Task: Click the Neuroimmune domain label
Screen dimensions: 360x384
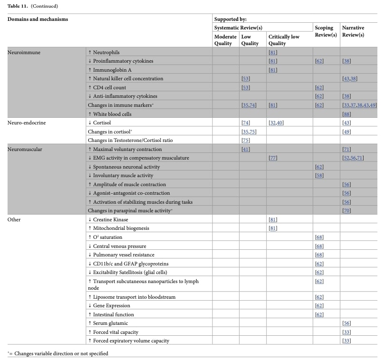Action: [x=24, y=52]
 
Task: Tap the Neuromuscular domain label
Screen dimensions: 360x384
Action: [x=25, y=149]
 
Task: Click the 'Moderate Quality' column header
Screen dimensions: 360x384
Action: [x=225, y=40]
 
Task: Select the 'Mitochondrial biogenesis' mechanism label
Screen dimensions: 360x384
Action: [x=118, y=228]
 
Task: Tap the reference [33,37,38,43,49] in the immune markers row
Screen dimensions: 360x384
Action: [x=359, y=105]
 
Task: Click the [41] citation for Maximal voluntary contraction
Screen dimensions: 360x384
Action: [x=246, y=149]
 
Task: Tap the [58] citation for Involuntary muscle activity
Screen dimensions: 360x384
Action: [x=319, y=176]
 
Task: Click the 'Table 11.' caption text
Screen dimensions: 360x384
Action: [x=19, y=6]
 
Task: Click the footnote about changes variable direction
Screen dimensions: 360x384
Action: [x=58, y=353]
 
